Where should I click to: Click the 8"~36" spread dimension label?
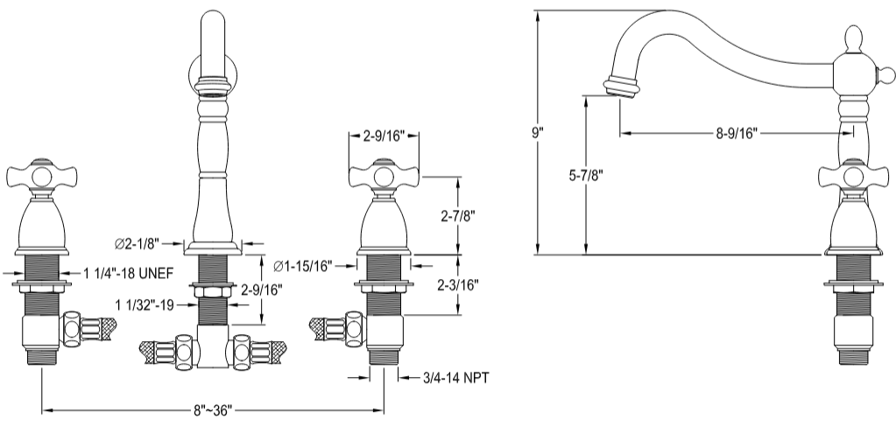212,409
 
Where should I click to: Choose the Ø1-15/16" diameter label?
302,265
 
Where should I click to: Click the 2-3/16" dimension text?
458,284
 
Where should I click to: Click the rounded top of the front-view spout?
215,22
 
